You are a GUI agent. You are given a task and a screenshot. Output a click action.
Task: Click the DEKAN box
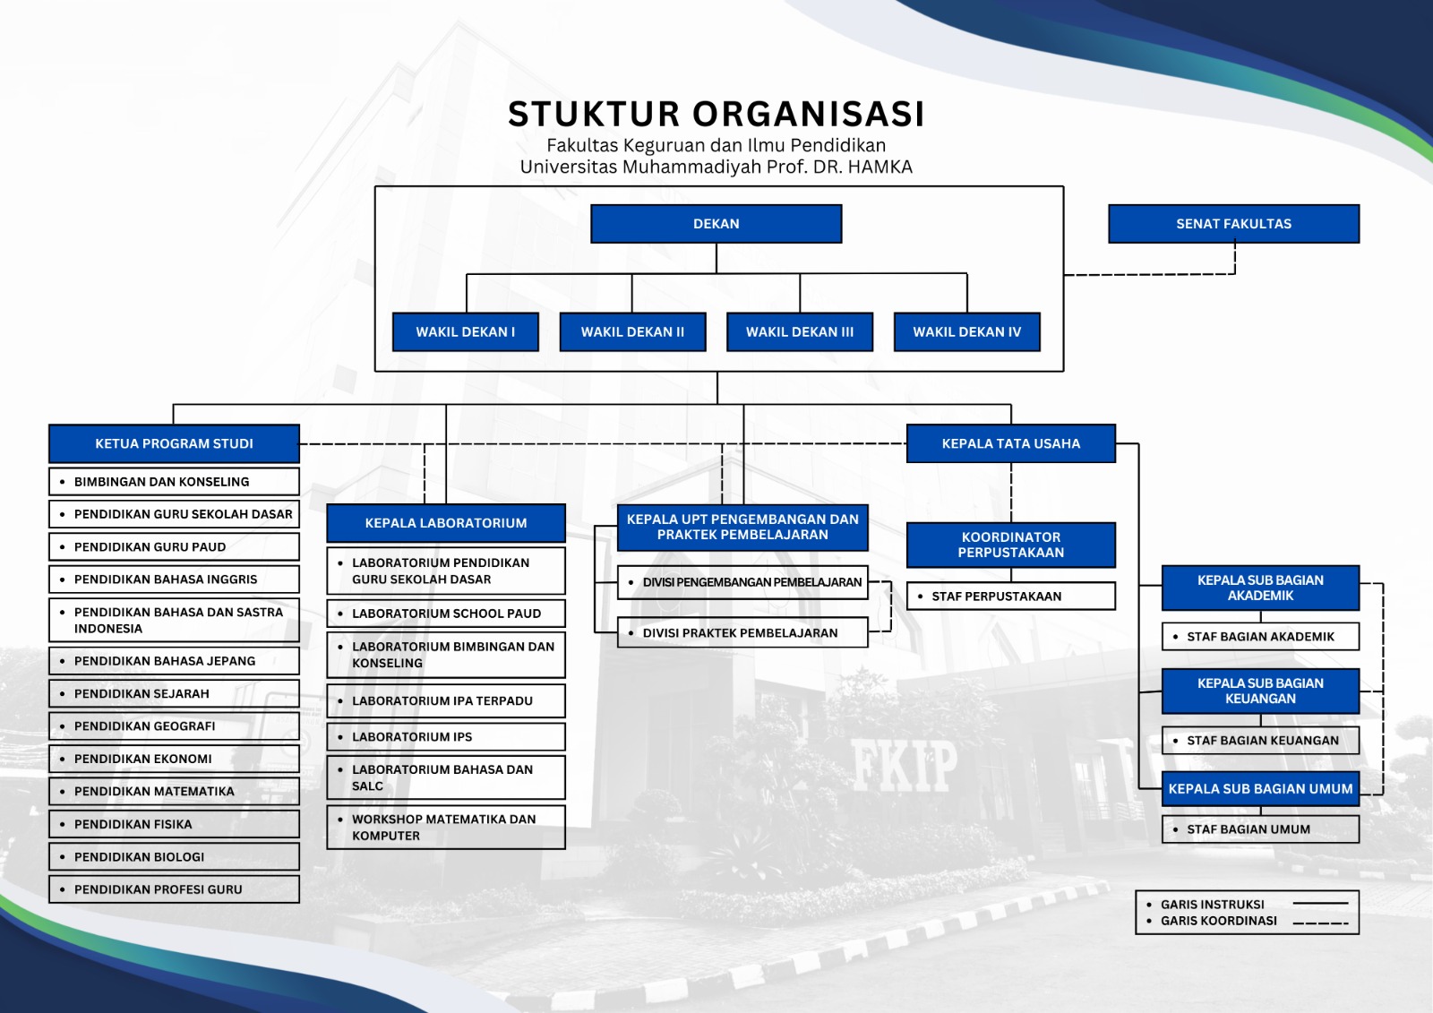[x=716, y=224]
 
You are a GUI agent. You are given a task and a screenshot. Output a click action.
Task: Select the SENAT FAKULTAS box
[x=1233, y=224]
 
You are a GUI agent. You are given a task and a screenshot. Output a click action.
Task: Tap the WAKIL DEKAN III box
[x=799, y=331]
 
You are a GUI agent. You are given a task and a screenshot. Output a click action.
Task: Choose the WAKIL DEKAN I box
[x=465, y=331]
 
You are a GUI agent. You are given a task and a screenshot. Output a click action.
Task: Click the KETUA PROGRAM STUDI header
[x=174, y=443]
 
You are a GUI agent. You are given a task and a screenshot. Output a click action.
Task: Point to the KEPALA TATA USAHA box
[x=1010, y=443]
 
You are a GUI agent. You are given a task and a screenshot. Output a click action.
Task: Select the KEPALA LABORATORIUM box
[x=445, y=523]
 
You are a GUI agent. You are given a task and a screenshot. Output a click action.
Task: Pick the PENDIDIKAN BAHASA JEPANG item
[x=174, y=661]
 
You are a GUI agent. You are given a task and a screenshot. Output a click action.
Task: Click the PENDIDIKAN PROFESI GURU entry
[x=174, y=889]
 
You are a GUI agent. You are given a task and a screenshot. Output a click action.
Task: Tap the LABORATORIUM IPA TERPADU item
[x=445, y=700]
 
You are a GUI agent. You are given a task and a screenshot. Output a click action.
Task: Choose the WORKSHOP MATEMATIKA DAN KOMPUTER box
[x=445, y=827]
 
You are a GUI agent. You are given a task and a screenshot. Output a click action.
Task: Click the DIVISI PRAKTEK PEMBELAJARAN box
[x=742, y=632]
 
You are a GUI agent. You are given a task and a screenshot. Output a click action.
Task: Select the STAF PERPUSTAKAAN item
[x=1010, y=596]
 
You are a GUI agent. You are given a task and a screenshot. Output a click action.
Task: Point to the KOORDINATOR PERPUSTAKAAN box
[x=1010, y=545]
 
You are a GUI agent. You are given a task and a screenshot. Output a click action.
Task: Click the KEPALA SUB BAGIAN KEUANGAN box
[x=1259, y=691]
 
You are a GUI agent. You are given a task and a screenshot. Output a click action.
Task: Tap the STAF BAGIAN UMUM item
[x=1259, y=829]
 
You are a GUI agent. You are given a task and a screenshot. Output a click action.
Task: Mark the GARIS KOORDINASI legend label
[x=1218, y=921]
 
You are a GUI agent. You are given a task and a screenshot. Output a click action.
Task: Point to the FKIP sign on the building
[x=904, y=767]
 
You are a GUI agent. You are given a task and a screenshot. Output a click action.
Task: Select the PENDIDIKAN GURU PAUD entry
[x=174, y=546]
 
